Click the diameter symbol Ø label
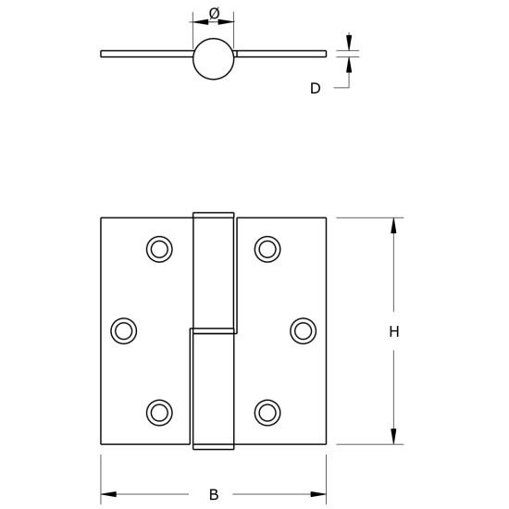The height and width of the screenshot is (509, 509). click(x=214, y=12)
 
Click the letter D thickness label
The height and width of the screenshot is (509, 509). click(x=316, y=89)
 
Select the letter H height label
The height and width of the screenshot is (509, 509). click(x=393, y=332)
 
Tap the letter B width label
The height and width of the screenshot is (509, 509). click(x=214, y=493)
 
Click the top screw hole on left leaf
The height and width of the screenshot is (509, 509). click(x=159, y=248)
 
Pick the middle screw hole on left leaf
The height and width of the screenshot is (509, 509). click(x=123, y=330)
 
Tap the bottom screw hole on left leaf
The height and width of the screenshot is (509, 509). click(x=159, y=412)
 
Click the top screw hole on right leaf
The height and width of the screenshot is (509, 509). click(x=267, y=248)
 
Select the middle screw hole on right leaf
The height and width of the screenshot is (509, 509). click(x=303, y=330)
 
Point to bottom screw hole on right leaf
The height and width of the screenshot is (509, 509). click(x=267, y=412)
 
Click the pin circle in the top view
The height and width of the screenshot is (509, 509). click(x=213, y=57)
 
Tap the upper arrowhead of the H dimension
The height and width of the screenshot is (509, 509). click(x=393, y=225)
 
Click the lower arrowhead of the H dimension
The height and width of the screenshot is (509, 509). click(x=393, y=437)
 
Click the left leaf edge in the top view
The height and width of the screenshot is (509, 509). click(x=102, y=54)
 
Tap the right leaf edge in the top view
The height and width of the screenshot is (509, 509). click(x=325, y=54)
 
